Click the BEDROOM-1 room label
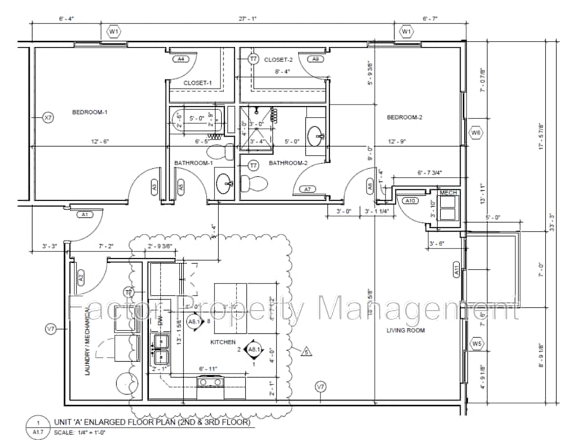(90, 113)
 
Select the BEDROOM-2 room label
(405, 118)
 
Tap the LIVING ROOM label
(407, 331)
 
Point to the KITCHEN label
(222, 341)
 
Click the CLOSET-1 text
(197, 83)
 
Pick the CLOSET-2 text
(278, 60)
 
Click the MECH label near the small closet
(447, 192)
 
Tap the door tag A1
(85, 215)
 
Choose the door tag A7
(307, 189)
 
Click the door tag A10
(410, 201)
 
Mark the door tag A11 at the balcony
(457, 270)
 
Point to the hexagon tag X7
(48, 117)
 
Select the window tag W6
(476, 133)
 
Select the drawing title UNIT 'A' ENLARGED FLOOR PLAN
(153, 422)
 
